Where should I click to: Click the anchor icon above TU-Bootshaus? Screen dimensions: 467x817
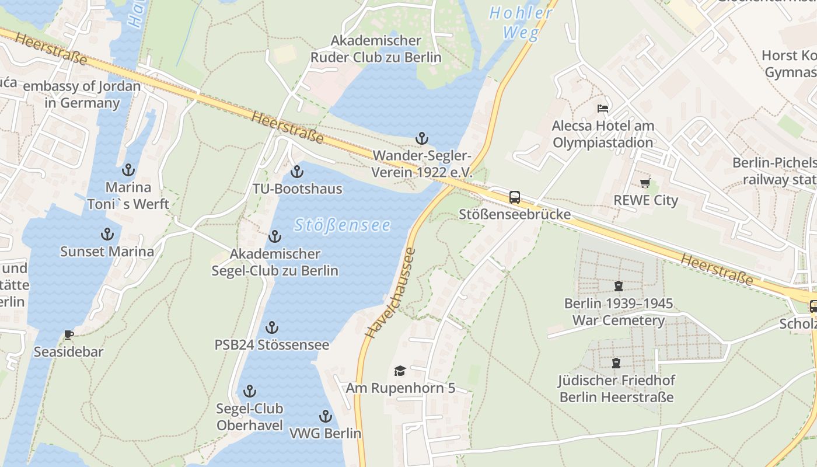tap(297, 172)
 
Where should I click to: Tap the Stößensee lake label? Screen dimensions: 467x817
tap(343, 225)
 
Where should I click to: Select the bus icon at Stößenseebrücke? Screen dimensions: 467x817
tap(514, 197)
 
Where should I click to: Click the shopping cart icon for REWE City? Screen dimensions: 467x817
tap(645, 183)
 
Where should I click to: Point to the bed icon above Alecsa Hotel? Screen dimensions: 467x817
tap(603, 109)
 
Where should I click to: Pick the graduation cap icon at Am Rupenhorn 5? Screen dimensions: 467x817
tap(400, 371)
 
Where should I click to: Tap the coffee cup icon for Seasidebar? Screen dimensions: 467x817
tap(68, 334)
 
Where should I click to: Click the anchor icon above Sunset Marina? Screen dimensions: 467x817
tap(107, 234)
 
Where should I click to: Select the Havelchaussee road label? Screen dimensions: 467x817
tap(391, 293)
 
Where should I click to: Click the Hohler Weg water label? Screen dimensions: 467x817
tap(521, 23)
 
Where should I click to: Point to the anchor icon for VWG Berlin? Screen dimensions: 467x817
tap(326, 416)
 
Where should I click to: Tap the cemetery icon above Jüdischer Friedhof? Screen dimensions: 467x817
tap(616, 363)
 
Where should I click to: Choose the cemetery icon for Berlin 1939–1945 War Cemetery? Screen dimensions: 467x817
tap(618, 286)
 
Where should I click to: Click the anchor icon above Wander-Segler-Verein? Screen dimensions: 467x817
tap(421, 138)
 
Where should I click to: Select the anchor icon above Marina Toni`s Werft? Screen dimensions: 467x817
tap(128, 170)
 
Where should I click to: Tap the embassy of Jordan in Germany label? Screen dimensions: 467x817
tap(82, 95)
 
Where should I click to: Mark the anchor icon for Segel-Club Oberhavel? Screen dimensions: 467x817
tap(250, 391)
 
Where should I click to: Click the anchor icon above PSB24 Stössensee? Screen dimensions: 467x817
tap(272, 327)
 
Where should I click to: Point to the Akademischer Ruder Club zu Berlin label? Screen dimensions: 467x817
tap(376, 49)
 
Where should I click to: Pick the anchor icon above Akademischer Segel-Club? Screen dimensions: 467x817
tap(274, 236)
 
